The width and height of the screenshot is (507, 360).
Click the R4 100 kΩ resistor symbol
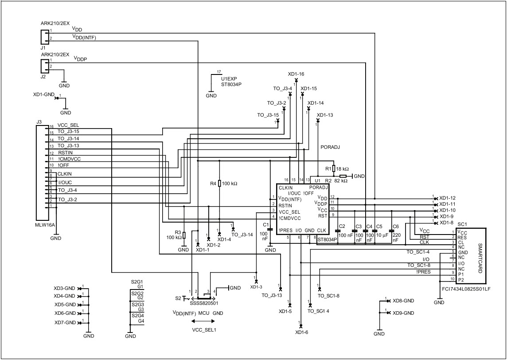pyautogui.click(x=219, y=184)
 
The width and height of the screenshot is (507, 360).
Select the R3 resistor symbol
pyautogui.click(x=184, y=235)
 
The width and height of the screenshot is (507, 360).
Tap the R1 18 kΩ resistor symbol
pyautogui.click(x=333, y=169)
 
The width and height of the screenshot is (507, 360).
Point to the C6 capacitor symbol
pyautogui.click(x=392, y=231)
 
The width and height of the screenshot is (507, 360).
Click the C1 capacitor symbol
pyautogui.click(x=270, y=229)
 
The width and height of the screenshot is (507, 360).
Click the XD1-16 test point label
pyautogui.click(x=296, y=74)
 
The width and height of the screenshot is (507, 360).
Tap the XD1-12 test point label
pyautogui.click(x=447, y=198)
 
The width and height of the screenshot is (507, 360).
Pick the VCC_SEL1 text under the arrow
pyautogui.click(x=203, y=330)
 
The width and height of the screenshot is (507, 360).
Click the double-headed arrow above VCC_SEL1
pyautogui.click(x=198, y=321)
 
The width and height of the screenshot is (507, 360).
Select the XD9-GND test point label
pyautogui.click(x=403, y=313)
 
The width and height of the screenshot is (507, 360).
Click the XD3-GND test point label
pyautogui.click(x=65, y=288)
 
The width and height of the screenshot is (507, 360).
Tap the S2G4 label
pyautogui.click(x=137, y=316)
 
